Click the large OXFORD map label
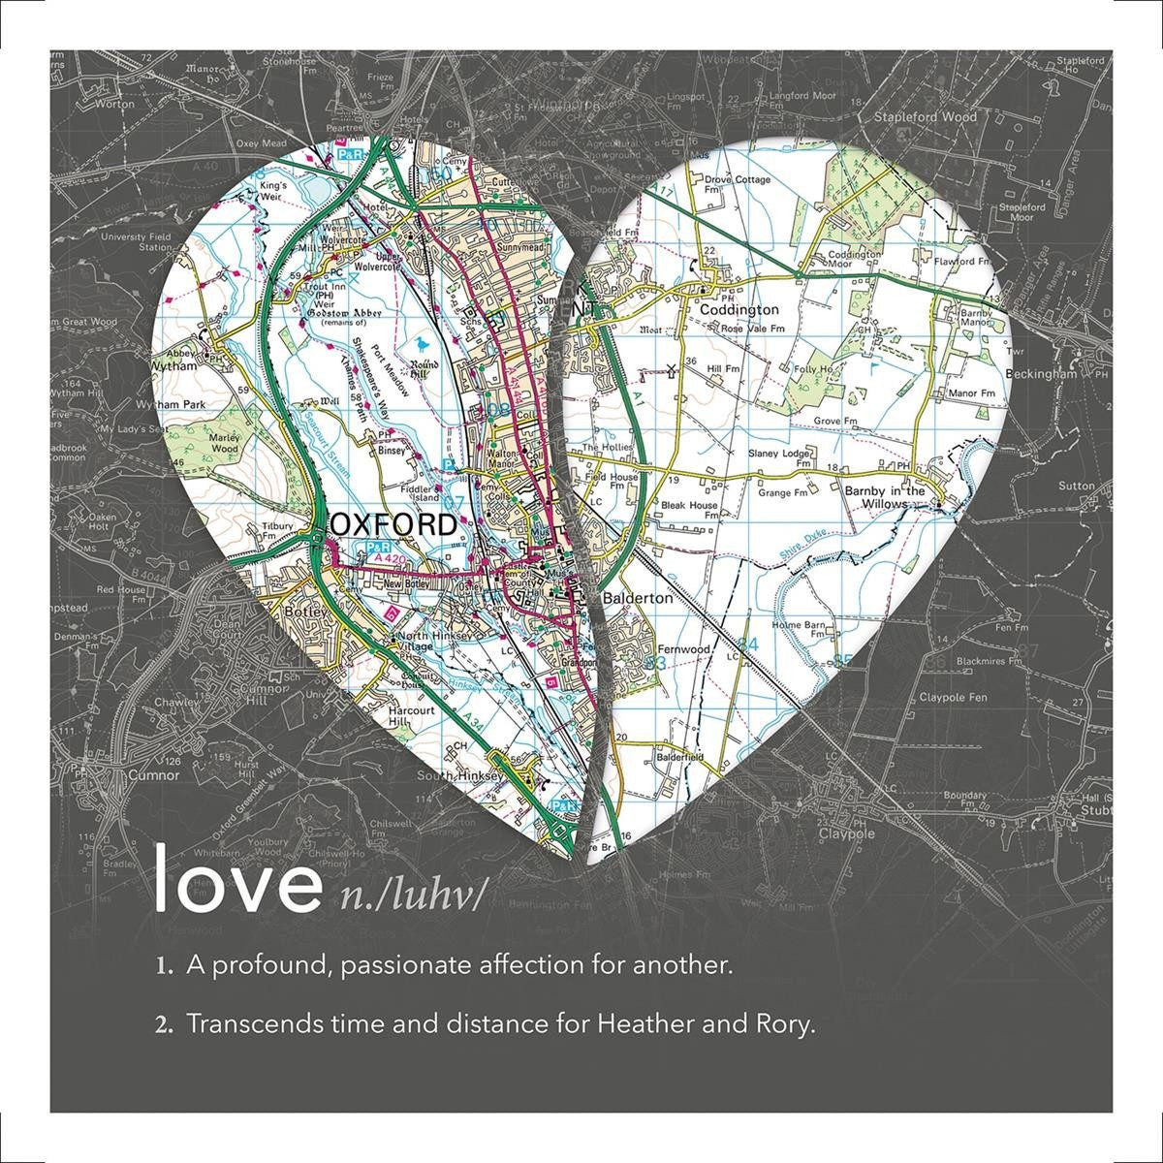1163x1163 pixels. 393,524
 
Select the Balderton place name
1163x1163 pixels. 637,598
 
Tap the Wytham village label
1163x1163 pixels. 173,367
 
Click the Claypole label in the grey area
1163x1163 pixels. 846,833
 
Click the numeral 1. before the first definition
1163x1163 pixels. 164,966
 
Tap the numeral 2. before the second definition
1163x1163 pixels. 164,1024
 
